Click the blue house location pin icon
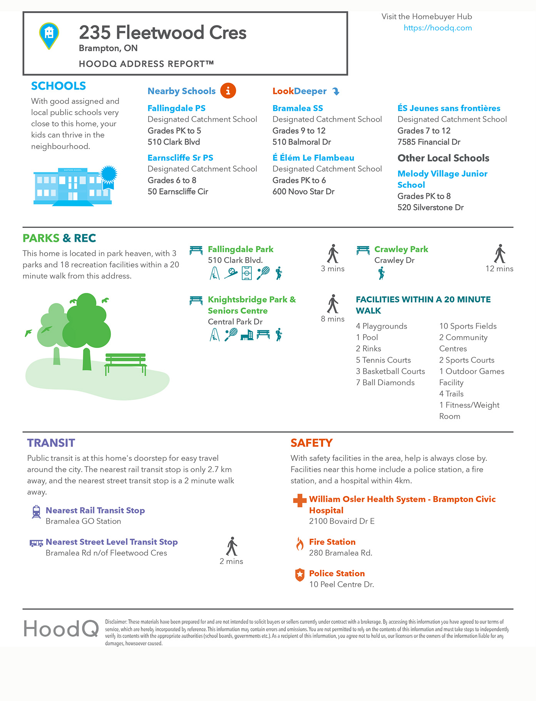click(x=49, y=35)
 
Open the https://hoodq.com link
click(x=437, y=28)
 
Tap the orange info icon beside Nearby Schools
click(x=228, y=91)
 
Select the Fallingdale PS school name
click(x=176, y=108)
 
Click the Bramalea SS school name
click(x=298, y=108)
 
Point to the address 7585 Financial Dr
click(x=429, y=142)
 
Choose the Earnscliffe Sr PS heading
click(x=180, y=158)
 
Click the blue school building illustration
click(x=73, y=186)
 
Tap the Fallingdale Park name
click(x=240, y=249)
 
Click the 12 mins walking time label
click(x=499, y=269)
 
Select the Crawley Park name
click(x=401, y=249)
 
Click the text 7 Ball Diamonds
click(x=385, y=383)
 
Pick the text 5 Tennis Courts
click(x=383, y=360)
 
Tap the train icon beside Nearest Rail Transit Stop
click(x=36, y=512)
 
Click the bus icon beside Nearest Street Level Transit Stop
click(x=36, y=543)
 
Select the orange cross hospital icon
click(x=300, y=500)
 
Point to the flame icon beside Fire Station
click(x=300, y=544)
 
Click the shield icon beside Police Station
click(x=300, y=575)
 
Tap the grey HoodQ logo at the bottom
click(x=61, y=629)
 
